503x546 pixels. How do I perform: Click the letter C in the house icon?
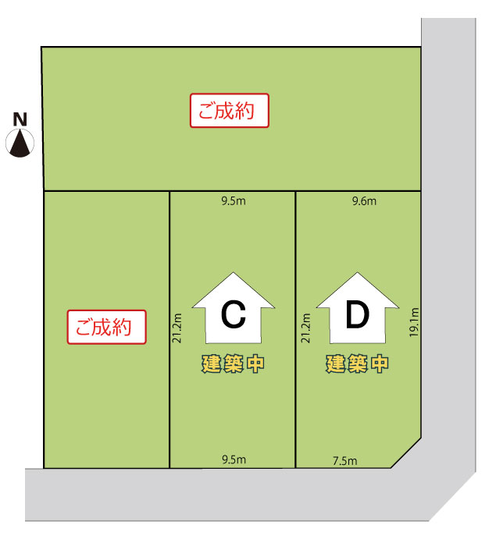pyautogui.click(x=233, y=316)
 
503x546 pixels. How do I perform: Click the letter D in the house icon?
pyautogui.click(x=357, y=316)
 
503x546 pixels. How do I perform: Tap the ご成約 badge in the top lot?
pyautogui.click(x=230, y=111)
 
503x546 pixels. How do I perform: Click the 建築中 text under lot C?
pyautogui.click(x=233, y=363)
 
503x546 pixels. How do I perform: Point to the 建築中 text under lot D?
pyautogui.click(x=357, y=363)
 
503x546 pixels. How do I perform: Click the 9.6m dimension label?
pyautogui.click(x=365, y=201)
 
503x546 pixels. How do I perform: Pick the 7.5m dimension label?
pyautogui.click(x=344, y=461)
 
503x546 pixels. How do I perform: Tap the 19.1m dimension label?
pyautogui.click(x=414, y=321)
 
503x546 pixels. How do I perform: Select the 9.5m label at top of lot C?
pyautogui.click(x=234, y=201)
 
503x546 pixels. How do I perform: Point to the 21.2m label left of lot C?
pyautogui.click(x=178, y=328)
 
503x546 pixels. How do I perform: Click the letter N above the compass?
pyautogui.click(x=20, y=119)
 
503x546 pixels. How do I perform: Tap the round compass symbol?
pyautogui.click(x=20, y=143)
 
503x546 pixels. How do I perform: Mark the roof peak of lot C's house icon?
pyautogui.click(x=233, y=274)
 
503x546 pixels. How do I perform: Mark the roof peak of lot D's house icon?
pyautogui.click(x=357, y=274)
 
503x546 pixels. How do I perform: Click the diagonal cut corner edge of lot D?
pyautogui.click(x=406, y=453)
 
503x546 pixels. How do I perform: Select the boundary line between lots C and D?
pyautogui.click(x=295, y=328)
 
